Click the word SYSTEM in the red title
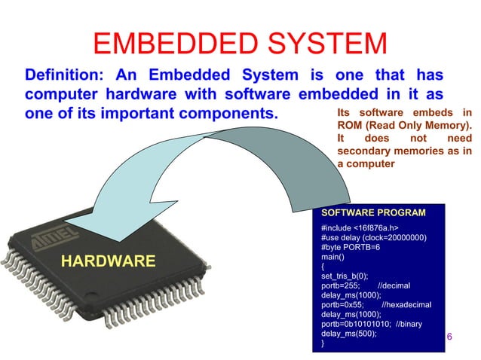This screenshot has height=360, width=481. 325,44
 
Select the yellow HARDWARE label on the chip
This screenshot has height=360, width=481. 108,261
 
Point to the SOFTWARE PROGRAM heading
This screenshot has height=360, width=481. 373,212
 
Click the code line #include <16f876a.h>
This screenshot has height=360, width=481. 360,227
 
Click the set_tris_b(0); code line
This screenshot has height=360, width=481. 345,276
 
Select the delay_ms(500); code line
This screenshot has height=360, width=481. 348,334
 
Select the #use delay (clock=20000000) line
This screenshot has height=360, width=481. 374,237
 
